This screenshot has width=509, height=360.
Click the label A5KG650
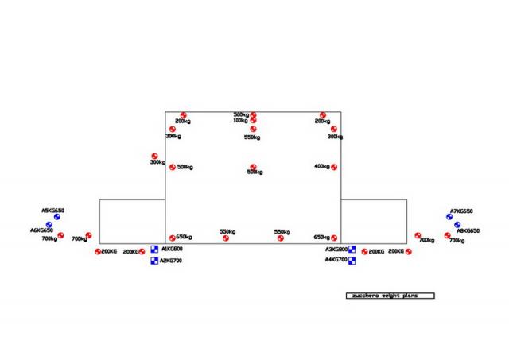52,211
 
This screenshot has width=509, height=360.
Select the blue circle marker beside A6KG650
49,225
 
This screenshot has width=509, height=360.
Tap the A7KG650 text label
461,211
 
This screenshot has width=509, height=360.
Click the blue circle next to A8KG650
457,225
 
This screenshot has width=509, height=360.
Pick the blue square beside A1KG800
155,249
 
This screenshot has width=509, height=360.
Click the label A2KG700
171,261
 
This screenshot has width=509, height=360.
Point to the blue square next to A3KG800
352,249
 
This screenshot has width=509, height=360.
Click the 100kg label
240,121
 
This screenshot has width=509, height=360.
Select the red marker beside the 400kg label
334,167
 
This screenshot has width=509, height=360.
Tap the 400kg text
321,167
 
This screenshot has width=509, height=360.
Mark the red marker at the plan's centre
253,167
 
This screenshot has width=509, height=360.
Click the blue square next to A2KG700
154,261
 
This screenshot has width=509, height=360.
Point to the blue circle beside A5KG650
57,217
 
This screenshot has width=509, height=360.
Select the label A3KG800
336,249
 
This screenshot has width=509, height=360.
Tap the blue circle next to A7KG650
449,217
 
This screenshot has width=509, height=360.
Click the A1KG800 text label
172,249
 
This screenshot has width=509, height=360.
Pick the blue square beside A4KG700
352,260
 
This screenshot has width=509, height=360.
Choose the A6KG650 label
41,230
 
